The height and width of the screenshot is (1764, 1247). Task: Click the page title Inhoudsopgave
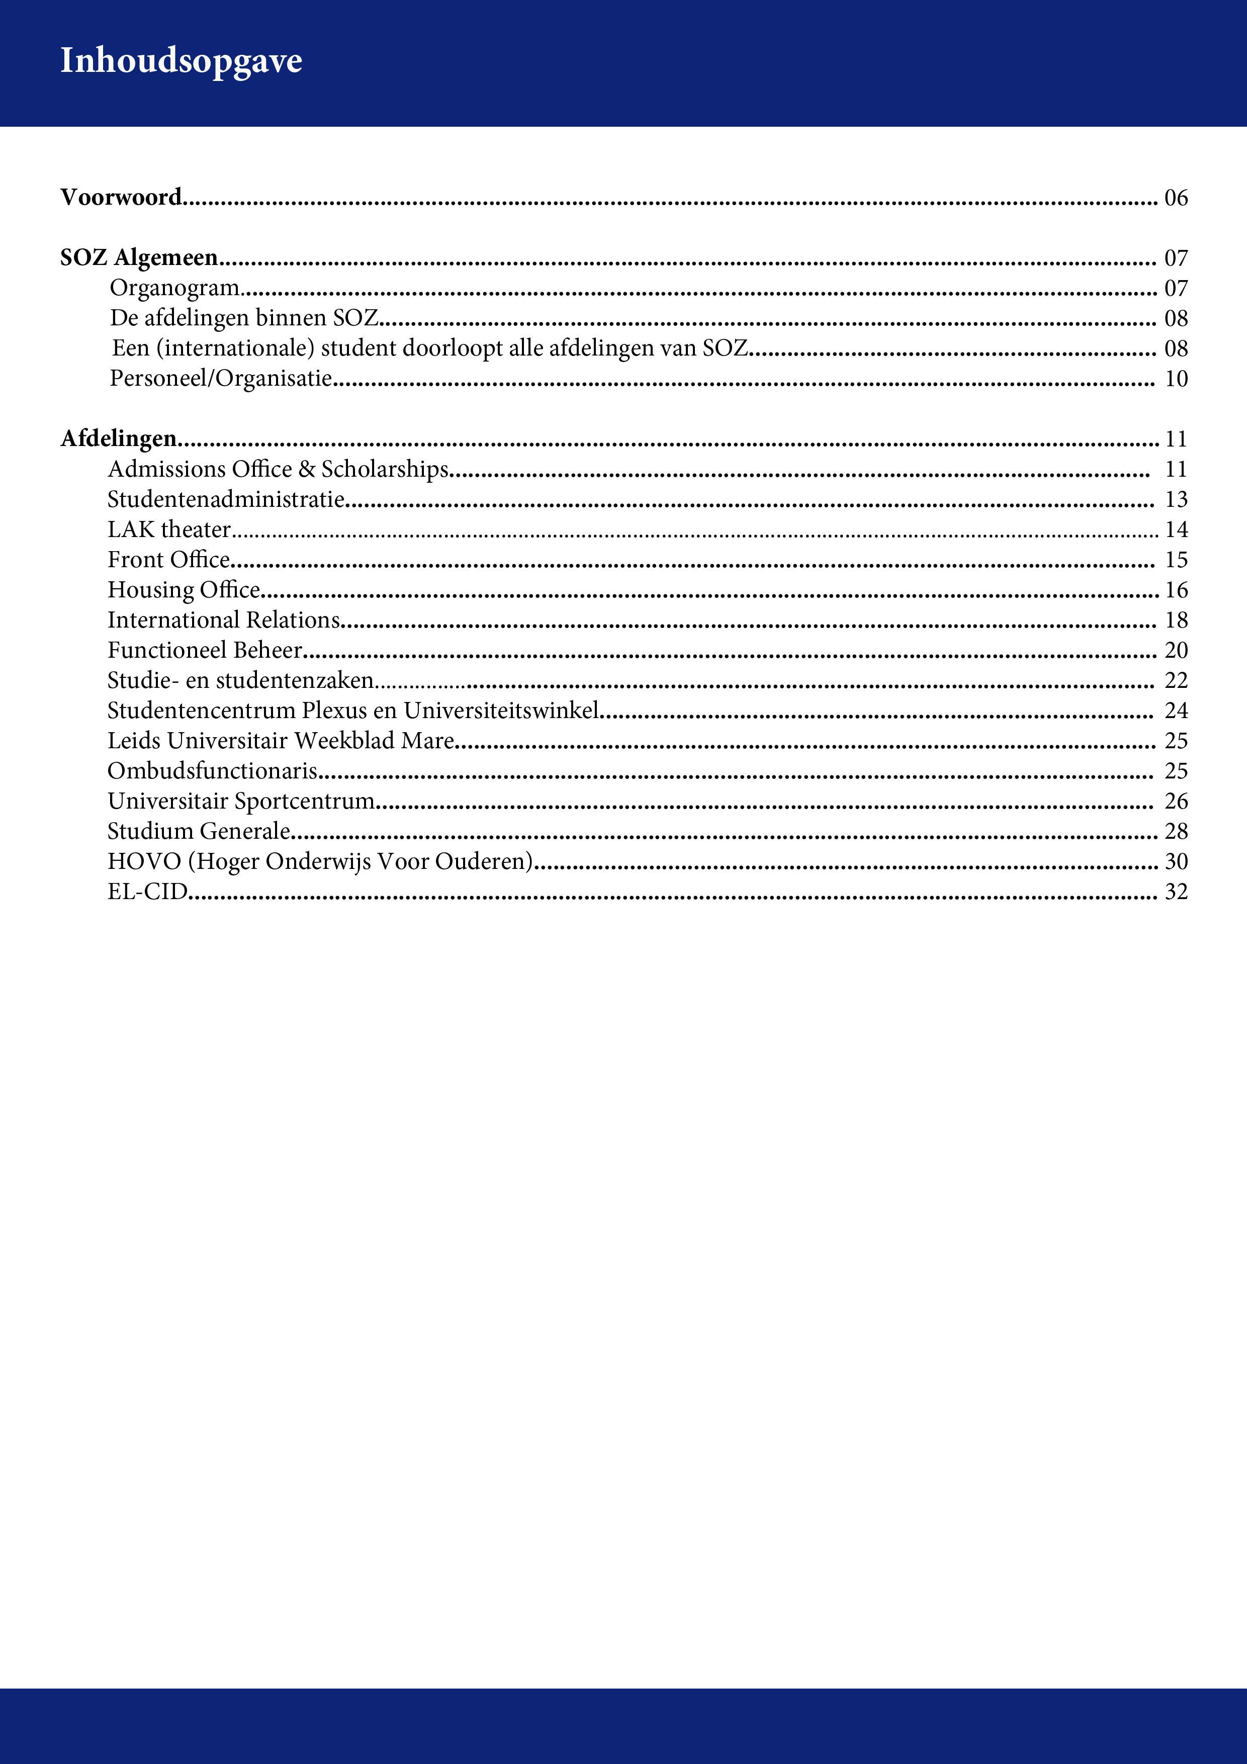pos(182,61)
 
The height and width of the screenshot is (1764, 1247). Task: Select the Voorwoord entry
pos(121,198)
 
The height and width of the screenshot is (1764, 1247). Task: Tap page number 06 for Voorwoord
pos(1176,198)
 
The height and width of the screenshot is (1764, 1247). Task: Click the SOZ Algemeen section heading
pos(139,257)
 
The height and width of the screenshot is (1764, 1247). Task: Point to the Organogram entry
pos(174,288)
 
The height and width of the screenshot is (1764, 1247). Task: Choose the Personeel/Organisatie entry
pos(221,378)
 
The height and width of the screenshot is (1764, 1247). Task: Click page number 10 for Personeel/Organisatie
pos(1176,379)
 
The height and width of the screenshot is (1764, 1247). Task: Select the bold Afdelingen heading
pos(118,438)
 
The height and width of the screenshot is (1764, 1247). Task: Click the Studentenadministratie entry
pos(226,499)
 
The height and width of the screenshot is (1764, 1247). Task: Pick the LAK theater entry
pos(169,530)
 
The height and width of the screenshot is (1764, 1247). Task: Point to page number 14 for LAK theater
pos(1176,530)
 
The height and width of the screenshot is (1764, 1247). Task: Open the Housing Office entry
pos(184,590)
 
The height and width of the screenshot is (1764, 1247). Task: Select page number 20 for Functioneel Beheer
pos(1176,651)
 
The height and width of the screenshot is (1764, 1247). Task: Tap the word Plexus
pos(334,711)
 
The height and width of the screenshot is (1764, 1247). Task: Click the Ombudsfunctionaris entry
pos(212,770)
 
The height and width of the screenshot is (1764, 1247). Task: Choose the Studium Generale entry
pos(198,831)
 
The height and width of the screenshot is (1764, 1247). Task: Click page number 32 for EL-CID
pos(1176,892)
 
